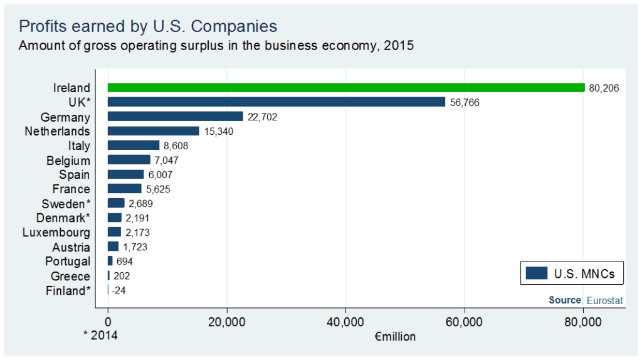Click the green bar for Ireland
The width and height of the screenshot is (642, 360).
(346, 88)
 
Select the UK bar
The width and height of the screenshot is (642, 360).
(276, 102)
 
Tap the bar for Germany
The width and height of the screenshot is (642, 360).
(176, 116)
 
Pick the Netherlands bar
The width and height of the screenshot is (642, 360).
(154, 131)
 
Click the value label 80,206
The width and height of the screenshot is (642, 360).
(604, 88)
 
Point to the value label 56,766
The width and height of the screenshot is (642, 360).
(465, 102)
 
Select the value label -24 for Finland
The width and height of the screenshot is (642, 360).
(119, 290)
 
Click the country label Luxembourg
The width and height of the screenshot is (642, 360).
(56, 233)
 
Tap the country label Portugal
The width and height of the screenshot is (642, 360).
(68, 262)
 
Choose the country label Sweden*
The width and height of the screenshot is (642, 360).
(66, 204)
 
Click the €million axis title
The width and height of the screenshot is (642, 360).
(395, 337)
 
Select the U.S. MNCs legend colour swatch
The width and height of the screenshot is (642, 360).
(537, 273)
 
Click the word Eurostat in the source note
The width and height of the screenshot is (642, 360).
(604, 300)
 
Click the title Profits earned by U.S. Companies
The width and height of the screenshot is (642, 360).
(148, 26)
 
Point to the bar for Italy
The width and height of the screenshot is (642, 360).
(134, 146)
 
